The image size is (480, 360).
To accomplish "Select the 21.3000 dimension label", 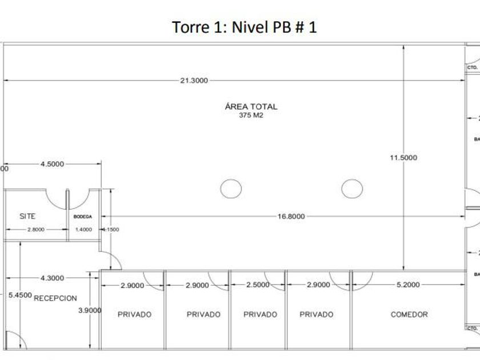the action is (194, 81).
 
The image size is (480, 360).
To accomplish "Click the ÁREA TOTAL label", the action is (251, 106).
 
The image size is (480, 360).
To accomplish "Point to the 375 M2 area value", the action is (251, 115).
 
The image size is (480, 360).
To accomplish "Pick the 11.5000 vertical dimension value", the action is (403, 158).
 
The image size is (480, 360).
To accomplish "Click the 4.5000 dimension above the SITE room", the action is (53, 164).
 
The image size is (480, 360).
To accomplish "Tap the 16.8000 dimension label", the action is (291, 217).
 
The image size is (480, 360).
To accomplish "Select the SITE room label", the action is (27, 216).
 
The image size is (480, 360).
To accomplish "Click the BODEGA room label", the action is (83, 217).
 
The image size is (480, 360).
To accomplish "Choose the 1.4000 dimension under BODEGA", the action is (83, 229).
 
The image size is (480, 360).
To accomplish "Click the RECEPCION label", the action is (55, 298).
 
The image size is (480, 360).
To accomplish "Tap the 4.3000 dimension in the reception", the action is (52, 278).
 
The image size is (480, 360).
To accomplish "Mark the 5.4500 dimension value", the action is (19, 295).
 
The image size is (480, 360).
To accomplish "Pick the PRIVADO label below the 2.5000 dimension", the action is (260, 314).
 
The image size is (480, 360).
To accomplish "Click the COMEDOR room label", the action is (409, 314).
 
